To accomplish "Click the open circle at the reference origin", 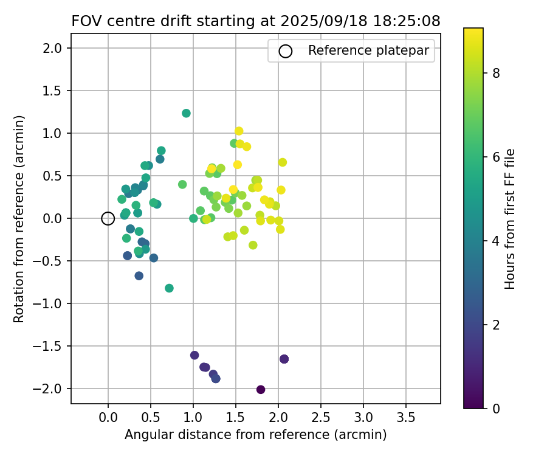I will (108, 218).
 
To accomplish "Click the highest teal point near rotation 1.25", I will (186, 113).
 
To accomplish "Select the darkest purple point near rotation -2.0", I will (261, 390).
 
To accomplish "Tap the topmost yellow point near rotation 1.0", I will (239, 131).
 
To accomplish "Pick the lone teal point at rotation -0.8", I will (169, 288).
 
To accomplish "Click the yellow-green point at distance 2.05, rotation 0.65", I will (283, 162).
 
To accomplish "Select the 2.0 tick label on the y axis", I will (54, 48).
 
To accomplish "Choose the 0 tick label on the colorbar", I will (496, 409).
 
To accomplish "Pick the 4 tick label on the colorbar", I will (496, 241).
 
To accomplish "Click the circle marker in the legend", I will (285, 51).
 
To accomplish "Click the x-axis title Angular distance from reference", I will (255, 435).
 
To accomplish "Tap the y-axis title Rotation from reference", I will (19, 218).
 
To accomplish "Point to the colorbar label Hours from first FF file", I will (511, 218).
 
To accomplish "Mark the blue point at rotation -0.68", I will (139, 276).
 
